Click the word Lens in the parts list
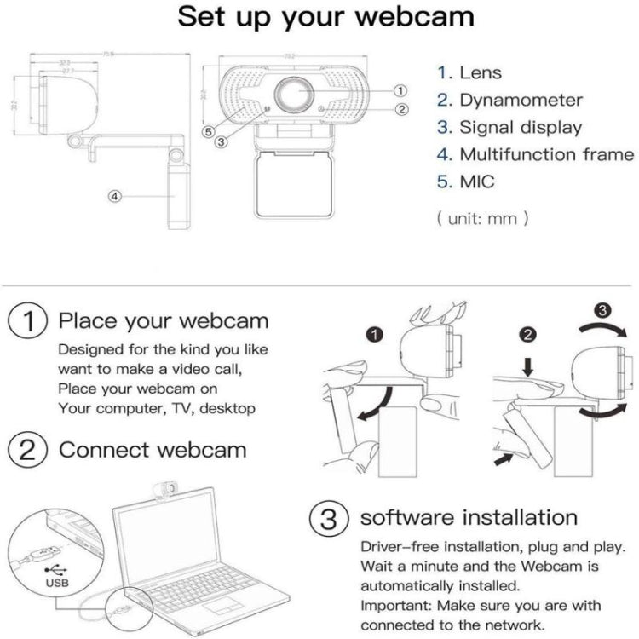(481, 73)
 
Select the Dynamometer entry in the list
(521, 101)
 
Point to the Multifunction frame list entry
(546, 155)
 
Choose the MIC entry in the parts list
(476, 181)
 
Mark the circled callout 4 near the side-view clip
(116, 195)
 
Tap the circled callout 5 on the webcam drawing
(209, 131)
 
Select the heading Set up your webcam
(326, 18)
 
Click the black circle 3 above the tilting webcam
(602, 310)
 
